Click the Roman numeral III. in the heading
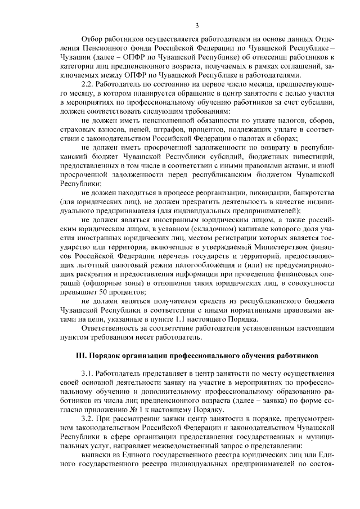pyautogui.click(x=83, y=357)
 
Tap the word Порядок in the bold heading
pyautogui.click(x=111, y=357)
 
